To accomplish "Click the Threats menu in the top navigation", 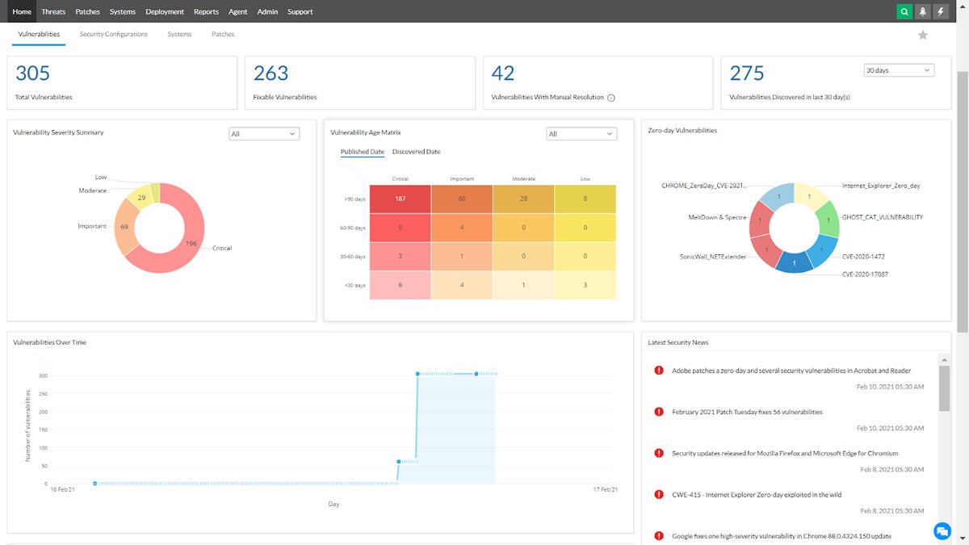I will [53, 12].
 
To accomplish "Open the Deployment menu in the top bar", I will [165, 12].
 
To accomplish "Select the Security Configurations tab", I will [114, 35].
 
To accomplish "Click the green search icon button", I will [904, 12].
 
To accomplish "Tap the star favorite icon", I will [923, 35].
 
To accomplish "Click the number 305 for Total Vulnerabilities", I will [33, 73].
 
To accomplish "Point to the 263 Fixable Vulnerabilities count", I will [271, 73].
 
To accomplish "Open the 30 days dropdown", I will [898, 70].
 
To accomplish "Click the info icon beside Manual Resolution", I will [610, 98].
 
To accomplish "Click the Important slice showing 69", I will [125, 228].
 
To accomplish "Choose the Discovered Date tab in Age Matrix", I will [416, 152].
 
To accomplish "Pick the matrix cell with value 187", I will [400, 199].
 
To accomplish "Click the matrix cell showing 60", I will [462, 199].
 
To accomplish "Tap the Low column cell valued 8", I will [585, 199].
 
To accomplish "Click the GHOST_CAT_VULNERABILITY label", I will [882, 217].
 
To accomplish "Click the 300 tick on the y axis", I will [43, 376].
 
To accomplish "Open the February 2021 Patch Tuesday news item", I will [747, 412].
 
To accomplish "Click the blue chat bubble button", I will [942, 530].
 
